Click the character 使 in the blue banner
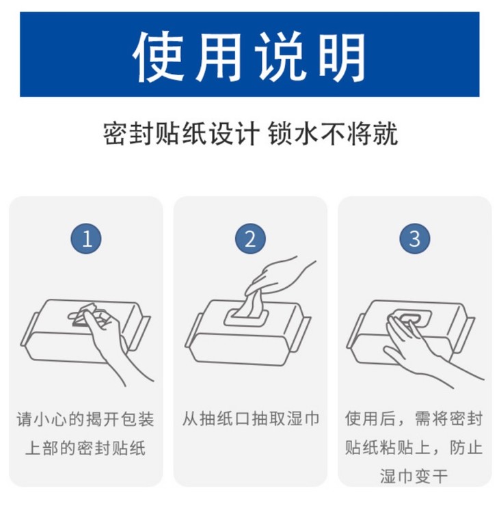tap(159, 57)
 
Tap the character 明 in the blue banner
tap(342, 57)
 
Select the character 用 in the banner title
tap(219, 57)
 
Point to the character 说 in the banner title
tap(280, 57)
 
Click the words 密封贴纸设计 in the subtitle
tap(181, 133)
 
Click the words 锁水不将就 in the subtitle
tap(333, 133)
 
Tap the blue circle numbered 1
tap(86, 239)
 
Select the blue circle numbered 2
tap(250, 239)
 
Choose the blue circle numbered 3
tap(414, 239)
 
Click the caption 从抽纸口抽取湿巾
tap(250, 418)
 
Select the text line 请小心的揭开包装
tap(85, 419)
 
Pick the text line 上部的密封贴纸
tap(85, 448)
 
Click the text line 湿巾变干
tap(414, 477)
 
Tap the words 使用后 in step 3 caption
tap(370, 418)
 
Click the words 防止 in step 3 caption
tap(466, 448)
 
